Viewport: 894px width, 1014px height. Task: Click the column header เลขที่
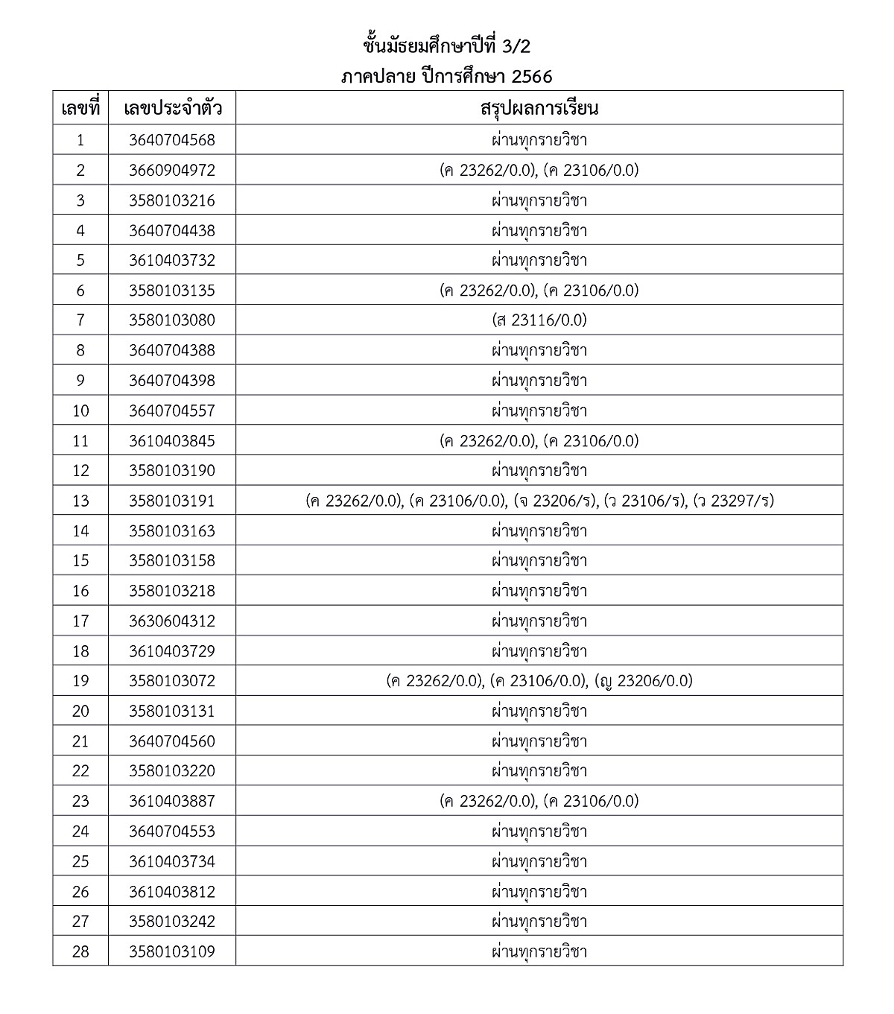tap(80, 109)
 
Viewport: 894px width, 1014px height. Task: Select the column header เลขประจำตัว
tap(172, 109)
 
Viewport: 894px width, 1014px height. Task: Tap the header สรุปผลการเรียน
tap(539, 109)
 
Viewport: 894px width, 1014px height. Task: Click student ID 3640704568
tap(172, 140)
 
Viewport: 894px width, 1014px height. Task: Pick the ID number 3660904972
tap(172, 171)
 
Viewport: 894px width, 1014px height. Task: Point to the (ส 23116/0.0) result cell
tap(539, 320)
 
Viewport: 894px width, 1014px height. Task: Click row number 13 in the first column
tap(80, 501)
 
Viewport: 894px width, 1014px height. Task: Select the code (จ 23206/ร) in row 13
tap(556, 501)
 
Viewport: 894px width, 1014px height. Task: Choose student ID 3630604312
tap(172, 621)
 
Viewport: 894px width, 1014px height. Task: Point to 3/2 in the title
tap(513, 46)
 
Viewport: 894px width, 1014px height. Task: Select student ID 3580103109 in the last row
tap(172, 951)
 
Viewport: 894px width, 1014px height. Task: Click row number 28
tap(80, 951)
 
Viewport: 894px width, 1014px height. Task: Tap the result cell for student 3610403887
tap(539, 801)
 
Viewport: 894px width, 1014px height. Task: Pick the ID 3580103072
tap(172, 681)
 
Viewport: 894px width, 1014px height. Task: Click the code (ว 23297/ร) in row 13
tap(733, 501)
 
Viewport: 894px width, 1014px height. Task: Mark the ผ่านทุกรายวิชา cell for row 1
tap(539, 140)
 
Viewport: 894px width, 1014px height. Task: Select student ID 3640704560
tap(172, 741)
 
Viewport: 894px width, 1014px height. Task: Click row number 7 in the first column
tap(80, 320)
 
